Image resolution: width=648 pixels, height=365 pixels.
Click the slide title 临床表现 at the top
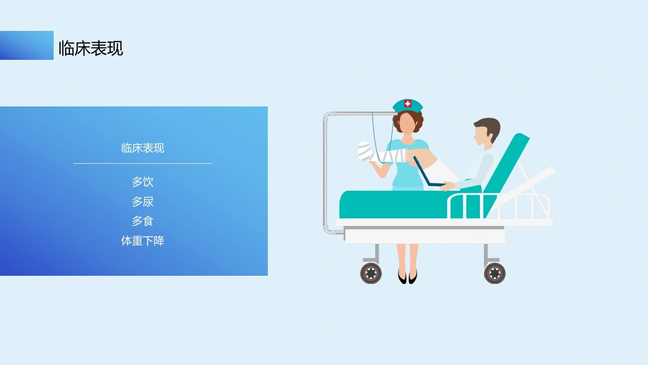pos(91,48)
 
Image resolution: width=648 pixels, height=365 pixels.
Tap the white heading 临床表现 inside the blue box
pos(143,148)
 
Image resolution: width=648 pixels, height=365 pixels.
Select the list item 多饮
pos(143,182)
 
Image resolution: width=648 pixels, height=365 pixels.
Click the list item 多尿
pos(143,202)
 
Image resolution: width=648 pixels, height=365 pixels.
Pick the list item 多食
pos(143,221)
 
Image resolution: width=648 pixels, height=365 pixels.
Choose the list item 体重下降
pos(143,241)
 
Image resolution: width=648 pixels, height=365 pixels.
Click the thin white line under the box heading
pos(143,164)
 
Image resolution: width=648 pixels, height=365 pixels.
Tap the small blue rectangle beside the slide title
pos(27,45)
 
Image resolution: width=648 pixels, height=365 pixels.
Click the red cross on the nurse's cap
pos(408,103)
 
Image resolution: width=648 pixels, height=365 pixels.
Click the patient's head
pos(487,132)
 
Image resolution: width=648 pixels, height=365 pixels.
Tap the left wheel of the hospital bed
pos(371,273)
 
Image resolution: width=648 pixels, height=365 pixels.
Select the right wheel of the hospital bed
pos(495,273)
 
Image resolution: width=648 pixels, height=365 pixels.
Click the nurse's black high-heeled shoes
pos(408,277)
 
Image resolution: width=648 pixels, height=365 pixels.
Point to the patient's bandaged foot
pos(365,151)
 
